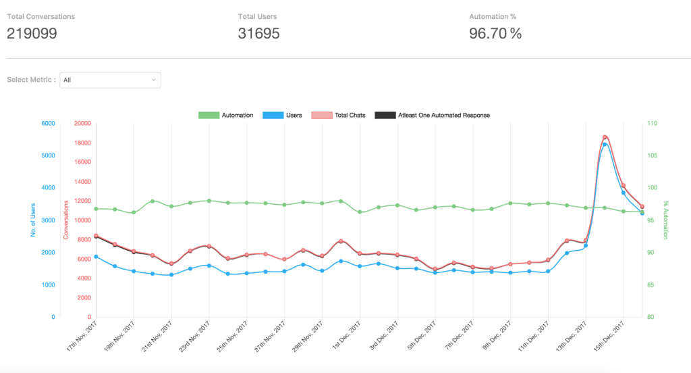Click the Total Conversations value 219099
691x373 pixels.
[32, 33]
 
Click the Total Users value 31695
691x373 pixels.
[258, 33]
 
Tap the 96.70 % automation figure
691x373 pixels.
[495, 33]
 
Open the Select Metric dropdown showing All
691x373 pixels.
[111, 80]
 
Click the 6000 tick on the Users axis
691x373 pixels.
[47, 124]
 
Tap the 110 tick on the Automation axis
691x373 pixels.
[652, 124]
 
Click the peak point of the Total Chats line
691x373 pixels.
[605, 137]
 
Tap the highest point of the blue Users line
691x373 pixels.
[605, 145]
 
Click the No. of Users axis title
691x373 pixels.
[32, 220]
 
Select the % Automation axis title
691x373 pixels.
[665, 220]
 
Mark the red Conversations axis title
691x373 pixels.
[65, 220]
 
